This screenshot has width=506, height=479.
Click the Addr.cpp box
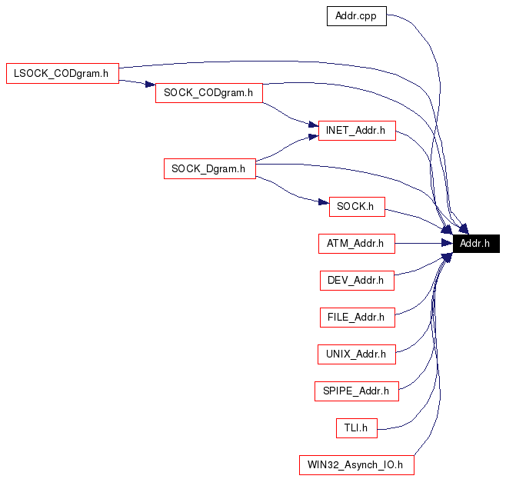(356, 15)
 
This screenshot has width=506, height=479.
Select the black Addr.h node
(476, 244)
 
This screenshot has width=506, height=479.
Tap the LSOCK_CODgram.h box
(62, 74)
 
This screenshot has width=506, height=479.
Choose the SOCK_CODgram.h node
(208, 93)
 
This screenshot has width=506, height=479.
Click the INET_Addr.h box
(356, 131)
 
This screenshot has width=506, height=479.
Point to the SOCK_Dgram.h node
(209, 168)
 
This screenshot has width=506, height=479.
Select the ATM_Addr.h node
(356, 244)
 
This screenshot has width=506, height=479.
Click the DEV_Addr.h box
(356, 280)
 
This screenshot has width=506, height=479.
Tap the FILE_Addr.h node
(356, 317)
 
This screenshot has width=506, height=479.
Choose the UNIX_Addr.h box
(356, 354)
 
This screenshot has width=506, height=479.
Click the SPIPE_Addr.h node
(356, 391)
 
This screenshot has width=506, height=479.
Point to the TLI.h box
(356, 427)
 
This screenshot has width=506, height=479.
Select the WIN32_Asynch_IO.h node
(356, 464)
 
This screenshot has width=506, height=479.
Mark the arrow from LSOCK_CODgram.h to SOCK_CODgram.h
(135, 82)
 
